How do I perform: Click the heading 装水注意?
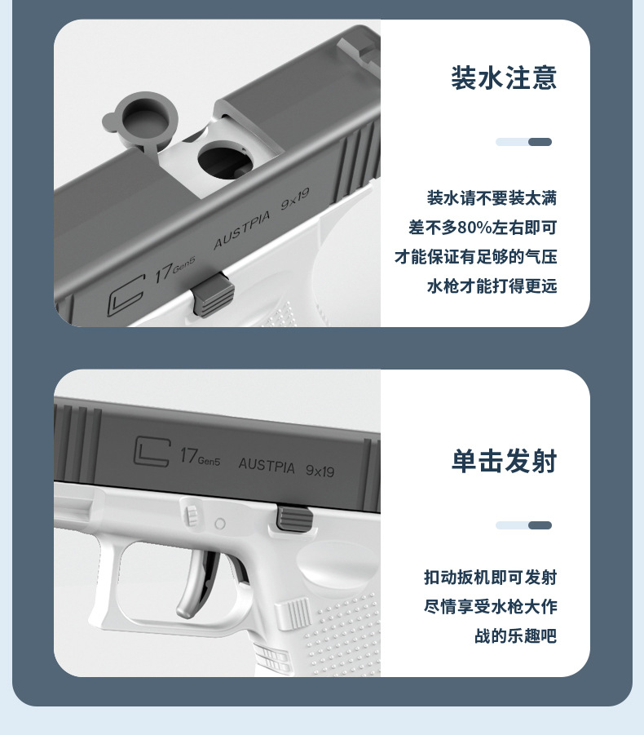tap(504, 78)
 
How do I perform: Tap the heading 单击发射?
tap(504, 462)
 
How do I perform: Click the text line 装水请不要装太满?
tap(492, 198)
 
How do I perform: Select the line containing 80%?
tap(483, 228)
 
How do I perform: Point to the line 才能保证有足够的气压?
tap(476, 257)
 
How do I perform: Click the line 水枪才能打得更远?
tap(492, 286)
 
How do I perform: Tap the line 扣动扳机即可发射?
tap(490, 578)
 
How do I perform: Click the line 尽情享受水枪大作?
tap(490, 607)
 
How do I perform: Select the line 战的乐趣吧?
tap(515, 636)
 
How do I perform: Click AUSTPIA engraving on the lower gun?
tap(267, 465)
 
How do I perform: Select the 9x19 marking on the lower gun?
tap(320, 471)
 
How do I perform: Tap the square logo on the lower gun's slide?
tap(151, 451)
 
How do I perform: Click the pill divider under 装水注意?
tap(523, 142)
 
